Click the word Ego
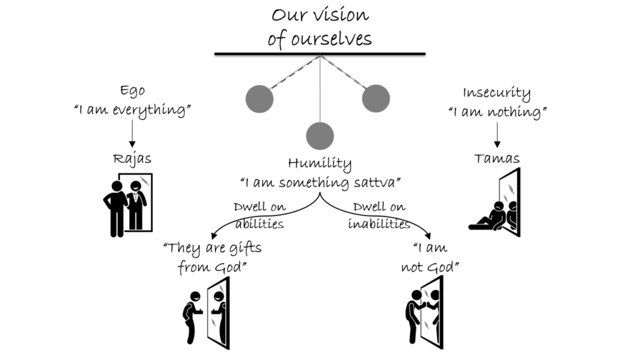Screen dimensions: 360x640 (132, 91)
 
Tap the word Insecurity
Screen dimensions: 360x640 (497, 94)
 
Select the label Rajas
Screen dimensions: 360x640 (132, 159)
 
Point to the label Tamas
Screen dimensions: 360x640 (497, 159)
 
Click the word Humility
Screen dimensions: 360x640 (319, 164)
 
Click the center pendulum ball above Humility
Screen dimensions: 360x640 (320, 135)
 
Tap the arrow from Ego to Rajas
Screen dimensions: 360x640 (132, 132)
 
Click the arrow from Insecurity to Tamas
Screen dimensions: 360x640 (497, 134)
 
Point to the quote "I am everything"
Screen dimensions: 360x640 (132, 111)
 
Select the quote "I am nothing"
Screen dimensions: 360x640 (497, 113)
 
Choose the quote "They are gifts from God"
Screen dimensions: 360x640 (212, 257)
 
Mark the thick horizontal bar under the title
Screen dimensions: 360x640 (320, 54)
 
